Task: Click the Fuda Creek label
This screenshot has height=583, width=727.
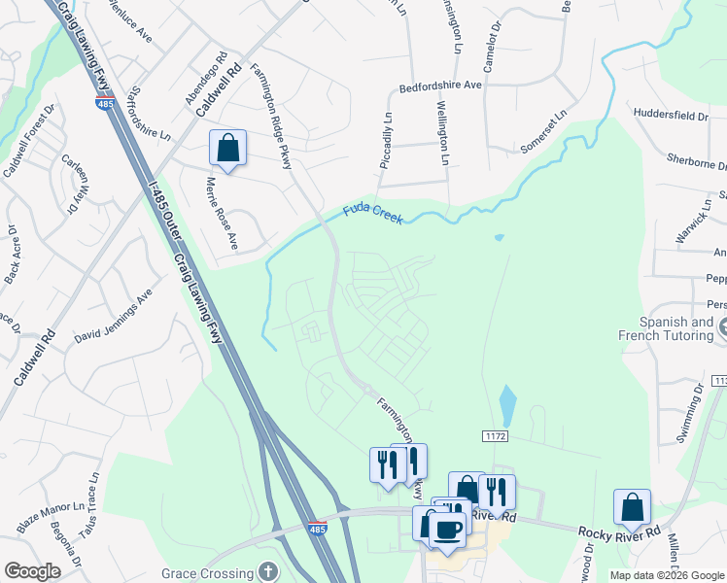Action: tap(372, 214)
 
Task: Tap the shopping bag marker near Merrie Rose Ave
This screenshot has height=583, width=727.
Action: tap(227, 150)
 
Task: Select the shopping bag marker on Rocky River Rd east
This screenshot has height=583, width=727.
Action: tap(632, 507)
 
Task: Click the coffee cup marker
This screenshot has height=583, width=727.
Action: tap(447, 530)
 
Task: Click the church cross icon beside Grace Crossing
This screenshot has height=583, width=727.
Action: tap(269, 571)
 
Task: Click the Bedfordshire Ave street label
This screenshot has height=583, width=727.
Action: tap(440, 86)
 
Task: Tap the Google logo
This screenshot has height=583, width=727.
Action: tap(32, 570)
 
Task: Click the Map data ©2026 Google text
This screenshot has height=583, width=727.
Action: tap(667, 575)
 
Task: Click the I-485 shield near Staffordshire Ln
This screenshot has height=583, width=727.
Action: tap(103, 105)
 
